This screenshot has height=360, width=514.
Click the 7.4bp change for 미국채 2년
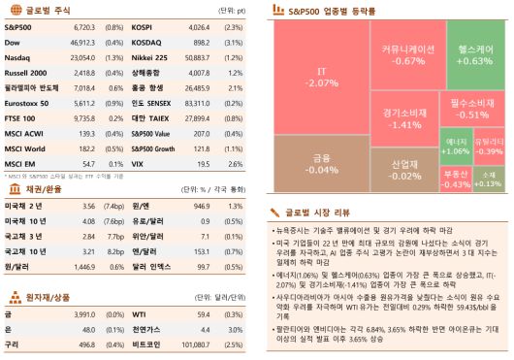click(112, 207)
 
